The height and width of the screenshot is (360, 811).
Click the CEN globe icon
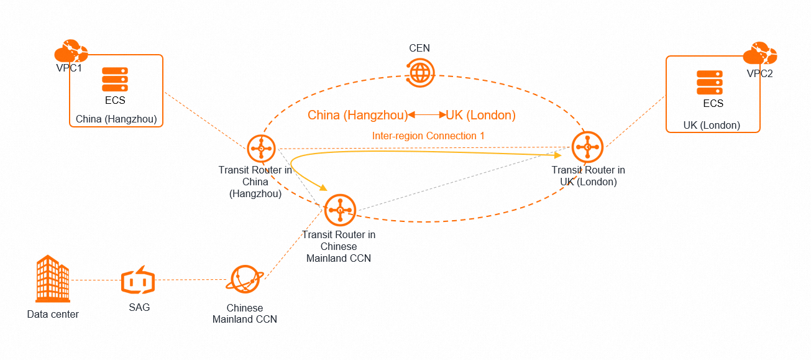pos(419,72)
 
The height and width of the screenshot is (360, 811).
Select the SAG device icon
pos(136,282)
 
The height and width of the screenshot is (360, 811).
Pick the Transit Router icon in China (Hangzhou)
pos(261,149)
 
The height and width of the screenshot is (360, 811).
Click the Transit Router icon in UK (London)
pos(587,147)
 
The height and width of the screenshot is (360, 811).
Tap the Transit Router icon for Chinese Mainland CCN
pos(339,210)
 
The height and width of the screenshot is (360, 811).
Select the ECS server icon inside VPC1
pos(115,80)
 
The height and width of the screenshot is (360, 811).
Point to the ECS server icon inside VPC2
pos(709,83)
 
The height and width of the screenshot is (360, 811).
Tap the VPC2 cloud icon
pos(760,55)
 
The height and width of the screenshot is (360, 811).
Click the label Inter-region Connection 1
pos(428,136)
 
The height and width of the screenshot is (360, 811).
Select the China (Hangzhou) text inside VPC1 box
pos(116,119)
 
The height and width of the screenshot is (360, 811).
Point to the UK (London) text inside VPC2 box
pos(712,125)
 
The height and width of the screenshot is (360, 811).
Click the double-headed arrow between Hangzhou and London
pos(427,115)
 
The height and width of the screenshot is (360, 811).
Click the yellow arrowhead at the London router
pos(557,154)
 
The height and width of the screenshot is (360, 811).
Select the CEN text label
pos(419,48)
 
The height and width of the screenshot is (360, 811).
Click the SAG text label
pos(139,307)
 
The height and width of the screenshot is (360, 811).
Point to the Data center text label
pos(53,314)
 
